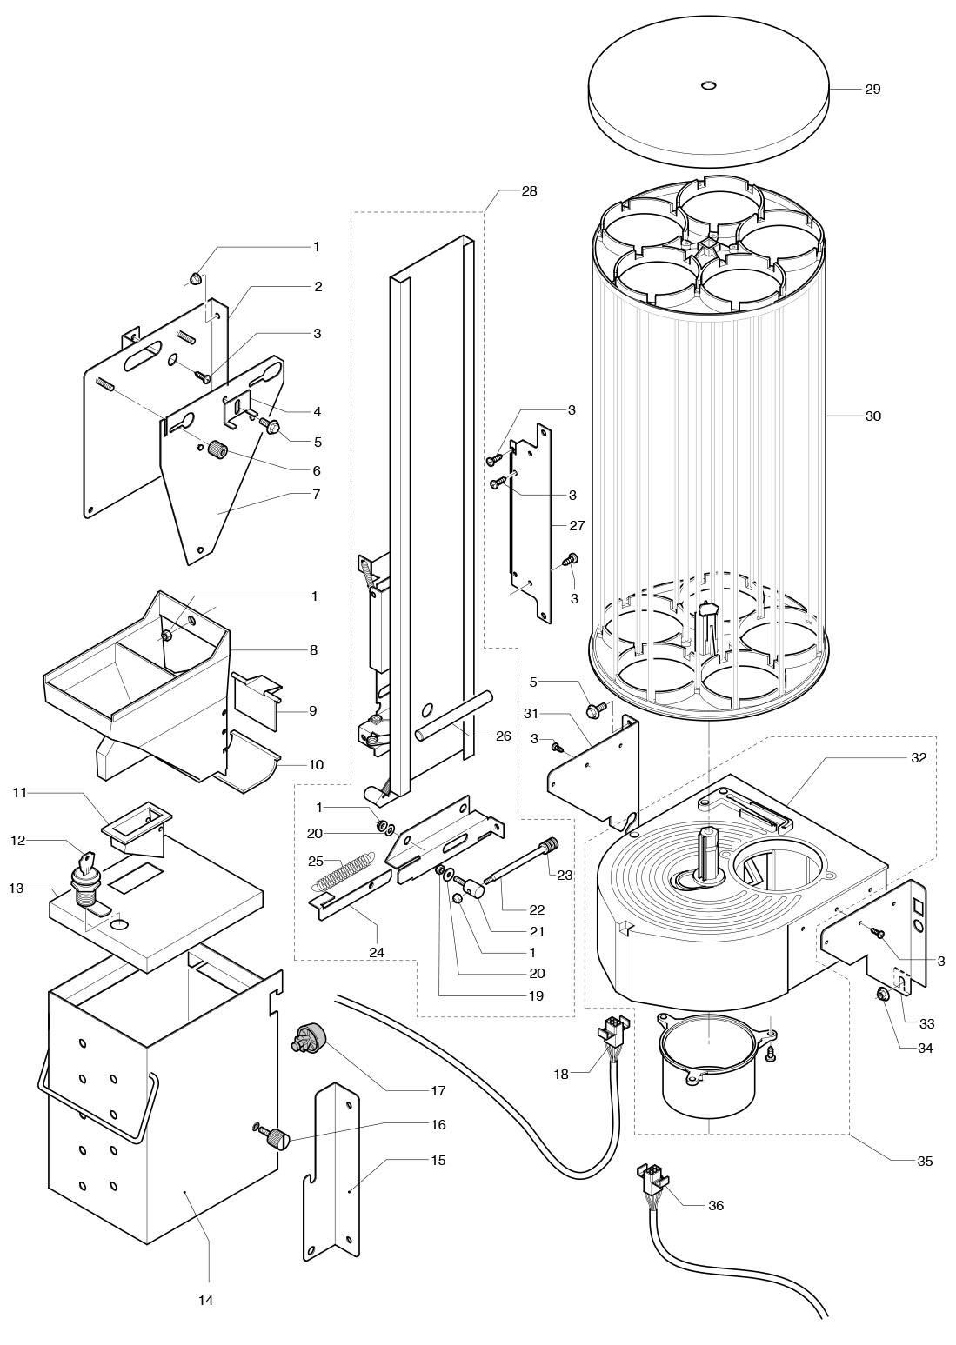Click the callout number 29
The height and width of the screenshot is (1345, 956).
(872, 90)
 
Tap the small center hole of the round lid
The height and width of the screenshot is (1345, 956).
(708, 85)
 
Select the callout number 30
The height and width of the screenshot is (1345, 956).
(872, 416)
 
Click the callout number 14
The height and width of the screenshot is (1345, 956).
(205, 1300)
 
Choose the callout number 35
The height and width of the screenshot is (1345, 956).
(924, 1160)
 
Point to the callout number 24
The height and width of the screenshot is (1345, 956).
(376, 952)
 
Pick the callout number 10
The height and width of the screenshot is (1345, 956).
(315, 764)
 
